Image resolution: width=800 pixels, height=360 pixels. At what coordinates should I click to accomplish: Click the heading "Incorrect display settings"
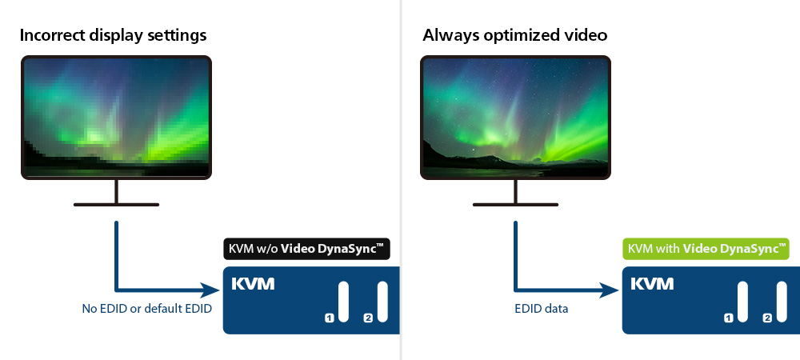[113, 36]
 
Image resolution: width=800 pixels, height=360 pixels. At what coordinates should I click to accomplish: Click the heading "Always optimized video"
[514, 36]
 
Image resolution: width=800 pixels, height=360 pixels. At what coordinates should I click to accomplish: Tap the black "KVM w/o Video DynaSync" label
[306, 249]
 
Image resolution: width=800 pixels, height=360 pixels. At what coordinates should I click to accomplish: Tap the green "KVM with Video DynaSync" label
[706, 249]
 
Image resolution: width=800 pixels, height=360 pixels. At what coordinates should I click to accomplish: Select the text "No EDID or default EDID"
[147, 309]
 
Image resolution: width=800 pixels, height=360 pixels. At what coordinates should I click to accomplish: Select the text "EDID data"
[541, 309]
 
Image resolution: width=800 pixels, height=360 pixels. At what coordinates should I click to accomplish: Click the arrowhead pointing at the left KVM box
[210, 290]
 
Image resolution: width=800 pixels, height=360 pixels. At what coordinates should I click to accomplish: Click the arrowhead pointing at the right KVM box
[609, 290]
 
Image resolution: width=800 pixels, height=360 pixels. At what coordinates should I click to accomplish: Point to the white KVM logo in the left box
[253, 284]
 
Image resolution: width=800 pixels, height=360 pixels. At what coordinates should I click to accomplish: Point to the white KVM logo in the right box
[652, 284]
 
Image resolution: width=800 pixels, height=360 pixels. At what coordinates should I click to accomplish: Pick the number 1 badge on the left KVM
[329, 318]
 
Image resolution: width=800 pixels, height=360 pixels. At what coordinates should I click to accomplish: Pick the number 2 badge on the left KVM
[368, 318]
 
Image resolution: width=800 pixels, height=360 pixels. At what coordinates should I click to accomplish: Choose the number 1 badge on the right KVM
[729, 318]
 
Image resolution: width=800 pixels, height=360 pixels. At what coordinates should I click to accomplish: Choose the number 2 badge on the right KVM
[767, 318]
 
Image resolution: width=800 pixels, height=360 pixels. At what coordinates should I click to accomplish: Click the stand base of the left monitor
[116, 205]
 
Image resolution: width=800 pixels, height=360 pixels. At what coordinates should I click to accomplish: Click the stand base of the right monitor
[515, 205]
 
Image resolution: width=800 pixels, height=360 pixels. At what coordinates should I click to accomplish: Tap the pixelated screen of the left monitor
[116, 118]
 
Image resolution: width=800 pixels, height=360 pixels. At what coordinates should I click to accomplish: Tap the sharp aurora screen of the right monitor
[515, 118]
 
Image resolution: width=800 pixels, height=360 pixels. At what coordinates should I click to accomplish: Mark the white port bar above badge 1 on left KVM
[343, 302]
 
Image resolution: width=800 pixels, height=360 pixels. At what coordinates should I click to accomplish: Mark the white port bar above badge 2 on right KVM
[782, 302]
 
